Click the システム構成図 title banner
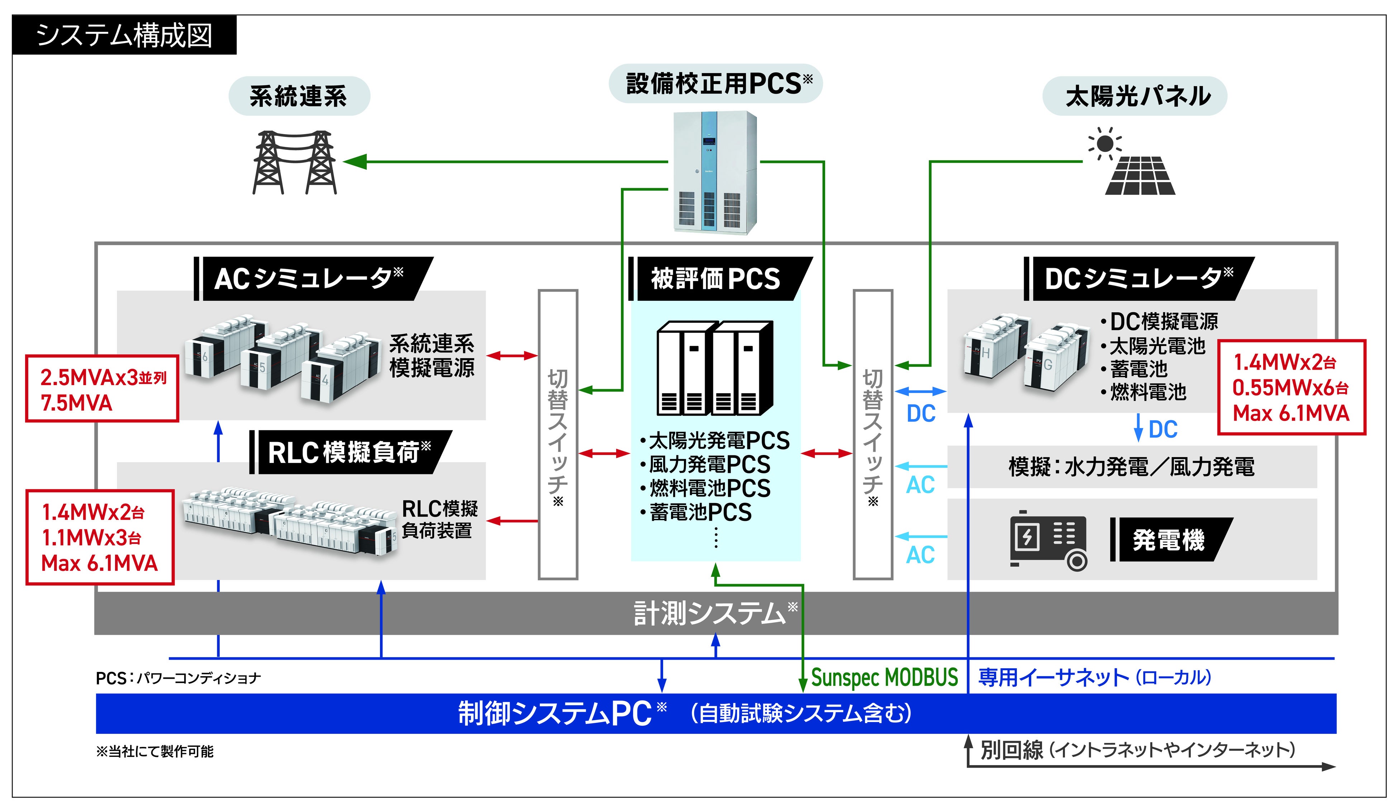click(x=124, y=35)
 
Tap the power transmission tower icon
click(x=295, y=162)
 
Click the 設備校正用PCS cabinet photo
click(x=714, y=172)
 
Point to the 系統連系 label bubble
click(x=299, y=96)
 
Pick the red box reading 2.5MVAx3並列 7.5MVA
click(x=102, y=389)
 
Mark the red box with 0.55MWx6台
click(x=1290, y=388)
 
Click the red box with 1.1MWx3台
click(x=100, y=537)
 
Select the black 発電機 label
click(x=1169, y=540)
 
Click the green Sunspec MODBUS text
click(x=884, y=677)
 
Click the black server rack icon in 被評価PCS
click(x=714, y=368)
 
